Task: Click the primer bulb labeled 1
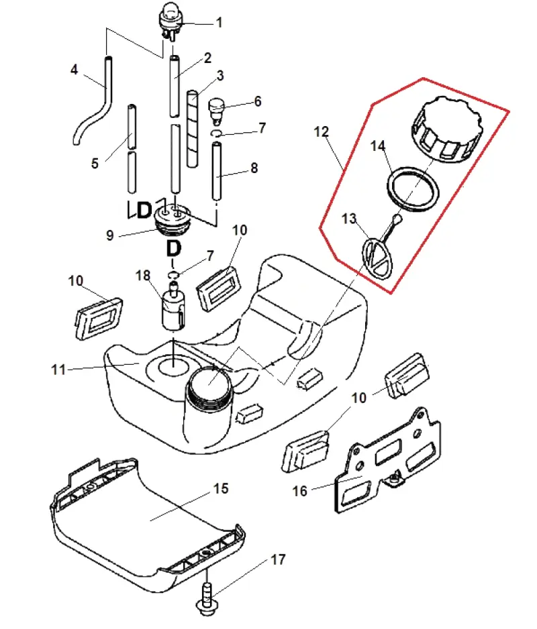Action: tap(170, 20)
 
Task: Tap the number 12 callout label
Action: tap(321, 132)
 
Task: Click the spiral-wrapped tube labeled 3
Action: tap(193, 128)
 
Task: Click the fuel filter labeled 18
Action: tap(173, 306)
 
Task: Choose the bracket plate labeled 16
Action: tap(387, 461)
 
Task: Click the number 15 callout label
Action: tap(220, 489)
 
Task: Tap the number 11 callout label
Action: tap(58, 369)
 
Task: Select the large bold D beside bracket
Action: tap(144, 210)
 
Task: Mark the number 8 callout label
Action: tap(254, 168)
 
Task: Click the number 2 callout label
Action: tap(207, 58)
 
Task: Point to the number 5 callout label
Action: tap(95, 164)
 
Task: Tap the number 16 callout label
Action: tap(299, 491)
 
